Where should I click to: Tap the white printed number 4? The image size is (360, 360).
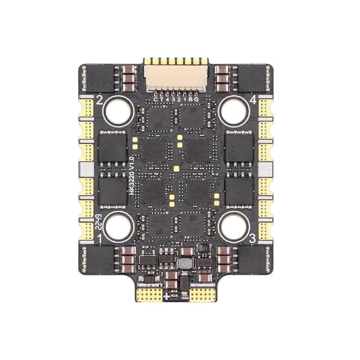(253, 102)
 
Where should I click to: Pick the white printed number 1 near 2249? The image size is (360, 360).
(100, 238)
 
